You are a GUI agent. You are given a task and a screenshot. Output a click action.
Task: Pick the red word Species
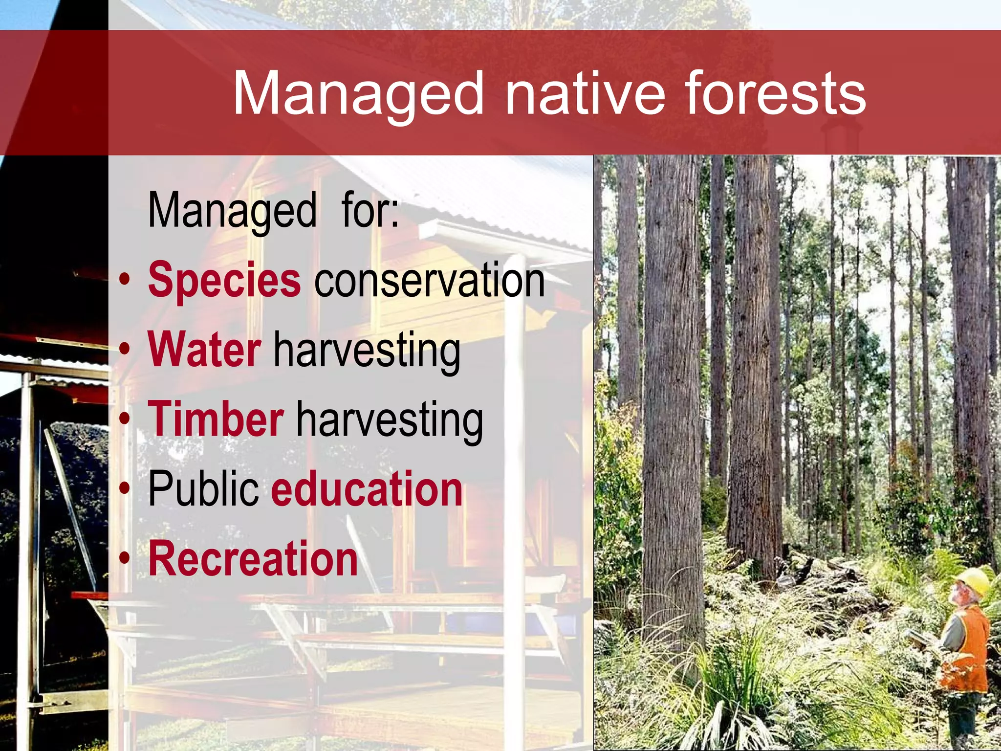click(224, 280)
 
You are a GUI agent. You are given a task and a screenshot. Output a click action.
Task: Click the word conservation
click(429, 280)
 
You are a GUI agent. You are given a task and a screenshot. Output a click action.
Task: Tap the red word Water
click(204, 349)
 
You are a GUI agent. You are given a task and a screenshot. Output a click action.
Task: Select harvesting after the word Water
click(367, 349)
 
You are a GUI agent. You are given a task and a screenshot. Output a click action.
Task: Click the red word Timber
click(216, 419)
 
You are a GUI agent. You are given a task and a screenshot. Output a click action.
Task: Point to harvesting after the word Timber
click(390, 419)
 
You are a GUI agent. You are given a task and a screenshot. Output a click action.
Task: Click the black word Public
click(203, 489)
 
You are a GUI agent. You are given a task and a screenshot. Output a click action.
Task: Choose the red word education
click(367, 489)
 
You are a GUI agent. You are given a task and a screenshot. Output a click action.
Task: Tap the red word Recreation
click(253, 559)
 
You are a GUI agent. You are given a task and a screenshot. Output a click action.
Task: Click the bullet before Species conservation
click(125, 281)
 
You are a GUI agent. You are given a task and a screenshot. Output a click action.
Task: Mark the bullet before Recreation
click(125, 559)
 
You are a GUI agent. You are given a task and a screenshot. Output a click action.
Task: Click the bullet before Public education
click(125, 489)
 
